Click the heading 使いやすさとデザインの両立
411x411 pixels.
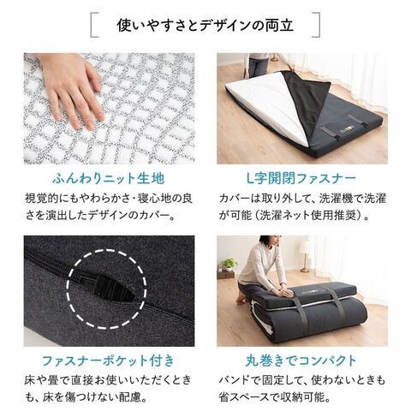[205, 25]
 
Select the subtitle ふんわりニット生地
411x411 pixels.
[109, 179]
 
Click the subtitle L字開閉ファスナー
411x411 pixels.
[301, 179]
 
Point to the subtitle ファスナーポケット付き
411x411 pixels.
[109, 360]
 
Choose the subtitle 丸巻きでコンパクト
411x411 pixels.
[301, 360]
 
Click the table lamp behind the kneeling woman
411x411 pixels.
[306, 255]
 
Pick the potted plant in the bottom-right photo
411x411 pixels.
[229, 264]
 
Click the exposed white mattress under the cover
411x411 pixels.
[265, 105]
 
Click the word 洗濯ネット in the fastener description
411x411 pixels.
[290, 215]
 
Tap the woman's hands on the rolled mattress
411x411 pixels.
[284, 291]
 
